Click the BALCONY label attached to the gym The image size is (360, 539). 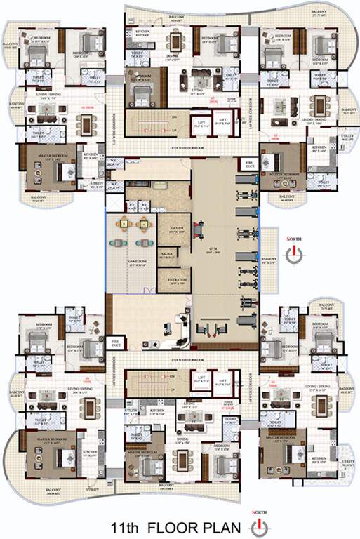click(269, 259)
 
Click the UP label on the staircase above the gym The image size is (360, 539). click(171, 131)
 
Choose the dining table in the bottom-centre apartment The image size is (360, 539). click(185, 458)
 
